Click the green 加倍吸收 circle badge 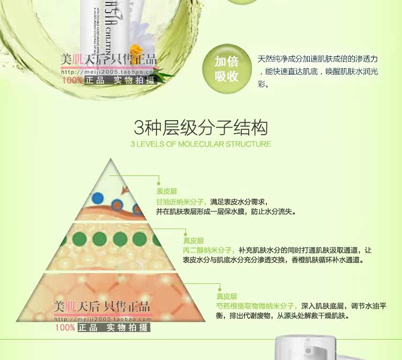click(x=226, y=68)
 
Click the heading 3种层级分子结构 click(x=201, y=128)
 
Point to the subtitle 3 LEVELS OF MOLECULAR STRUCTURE click(x=201, y=144)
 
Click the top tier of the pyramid click(x=112, y=194)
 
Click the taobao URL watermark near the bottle click(x=109, y=72)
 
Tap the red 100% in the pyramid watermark click(x=64, y=327)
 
